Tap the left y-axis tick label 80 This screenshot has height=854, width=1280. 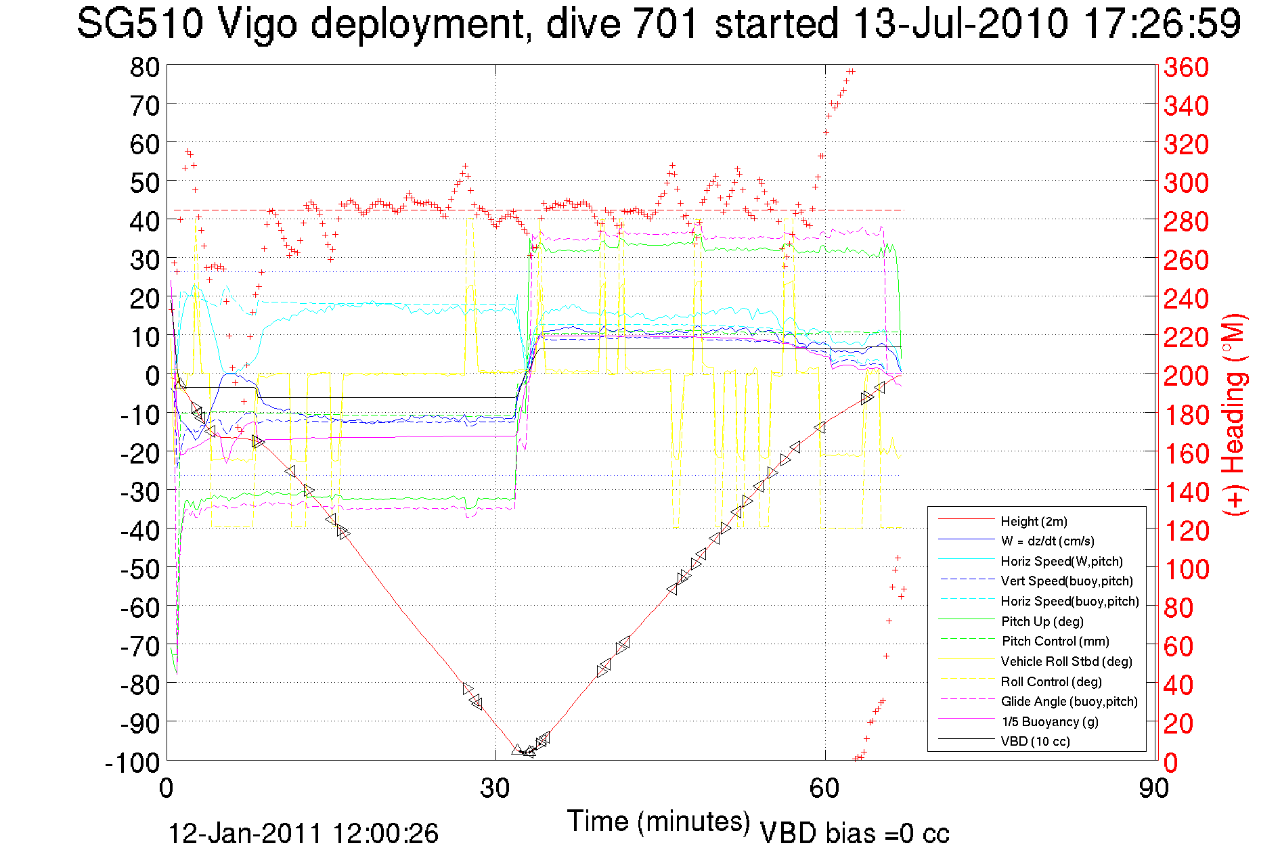(x=145, y=67)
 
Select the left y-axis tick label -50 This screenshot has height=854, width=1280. (x=139, y=569)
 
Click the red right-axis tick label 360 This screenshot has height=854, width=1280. (x=1186, y=67)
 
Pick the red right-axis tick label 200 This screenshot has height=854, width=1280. (x=1186, y=376)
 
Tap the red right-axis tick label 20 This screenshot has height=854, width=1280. (x=1179, y=724)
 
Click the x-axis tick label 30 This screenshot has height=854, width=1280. (x=495, y=788)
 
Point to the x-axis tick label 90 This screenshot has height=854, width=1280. (x=1153, y=788)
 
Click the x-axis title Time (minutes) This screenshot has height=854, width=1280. (x=659, y=822)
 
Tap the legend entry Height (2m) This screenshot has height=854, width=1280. (x=1034, y=521)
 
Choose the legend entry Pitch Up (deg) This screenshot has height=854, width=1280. (x=1042, y=621)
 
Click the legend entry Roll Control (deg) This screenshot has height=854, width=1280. (x=1051, y=681)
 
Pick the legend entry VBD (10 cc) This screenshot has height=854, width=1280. (x=1035, y=741)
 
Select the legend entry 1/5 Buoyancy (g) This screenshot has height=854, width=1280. (x=1049, y=721)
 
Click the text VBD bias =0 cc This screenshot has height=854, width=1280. (x=854, y=834)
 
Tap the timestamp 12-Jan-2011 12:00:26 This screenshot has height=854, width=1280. (x=303, y=834)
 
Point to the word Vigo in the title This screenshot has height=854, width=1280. (x=257, y=24)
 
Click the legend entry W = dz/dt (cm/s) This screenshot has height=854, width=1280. (x=1047, y=541)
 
